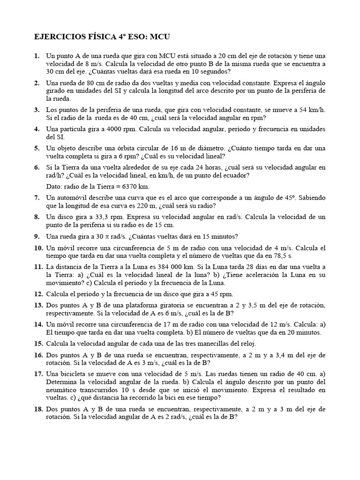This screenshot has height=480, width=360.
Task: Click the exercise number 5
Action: pyautogui.click(x=37, y=148)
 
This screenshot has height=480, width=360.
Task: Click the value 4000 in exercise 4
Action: pyautogui.click(x=105, y=129)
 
